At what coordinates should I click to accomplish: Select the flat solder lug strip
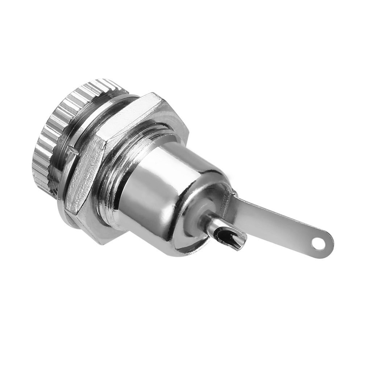coord(275,221)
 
